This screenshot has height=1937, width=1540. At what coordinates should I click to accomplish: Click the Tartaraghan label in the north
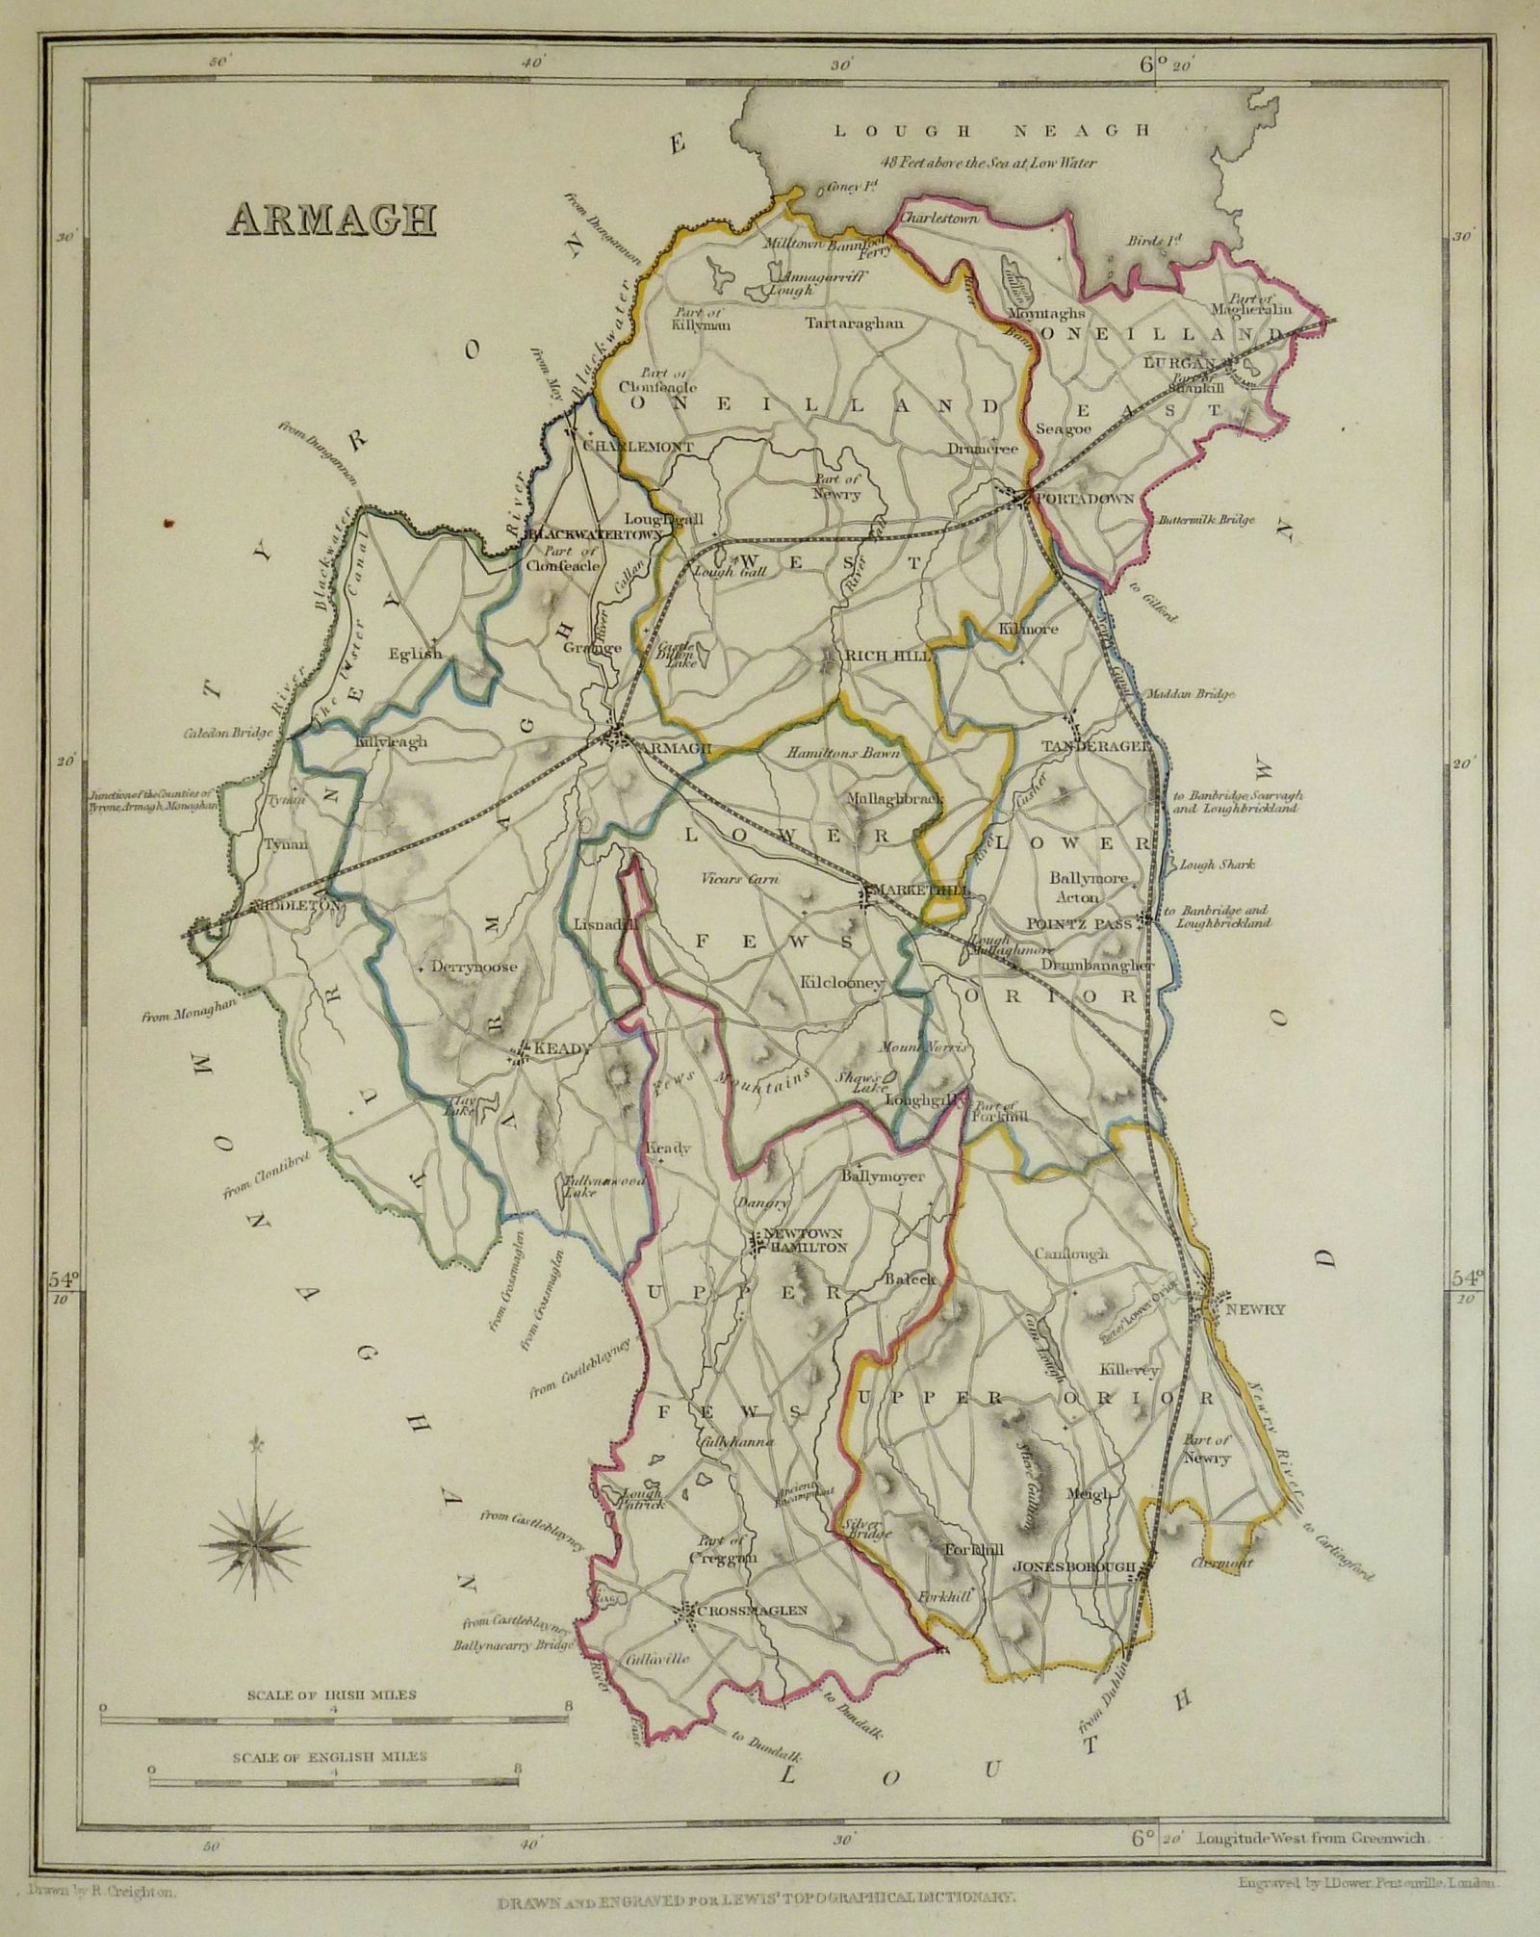point(855,323)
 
